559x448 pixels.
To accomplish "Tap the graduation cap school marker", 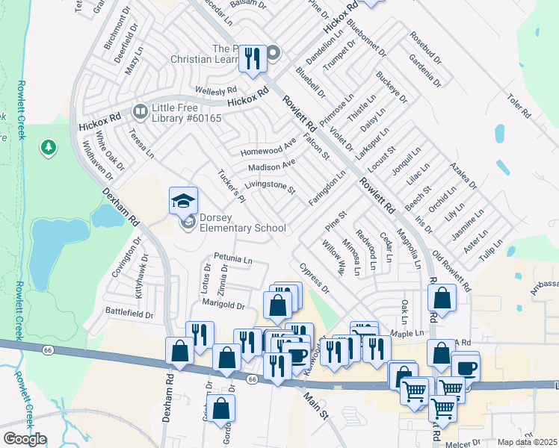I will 183,202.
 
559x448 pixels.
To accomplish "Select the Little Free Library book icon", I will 139,113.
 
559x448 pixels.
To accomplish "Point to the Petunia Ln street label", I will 233,259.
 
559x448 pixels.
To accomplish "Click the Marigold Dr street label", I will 223,305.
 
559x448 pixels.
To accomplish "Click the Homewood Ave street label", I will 268,147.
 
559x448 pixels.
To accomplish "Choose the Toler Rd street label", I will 517,106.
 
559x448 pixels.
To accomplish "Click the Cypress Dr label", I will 314,277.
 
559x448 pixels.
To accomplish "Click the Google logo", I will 25,439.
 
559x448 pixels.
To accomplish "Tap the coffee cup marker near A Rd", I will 467,368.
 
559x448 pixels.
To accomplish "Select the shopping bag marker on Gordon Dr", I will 221,408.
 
